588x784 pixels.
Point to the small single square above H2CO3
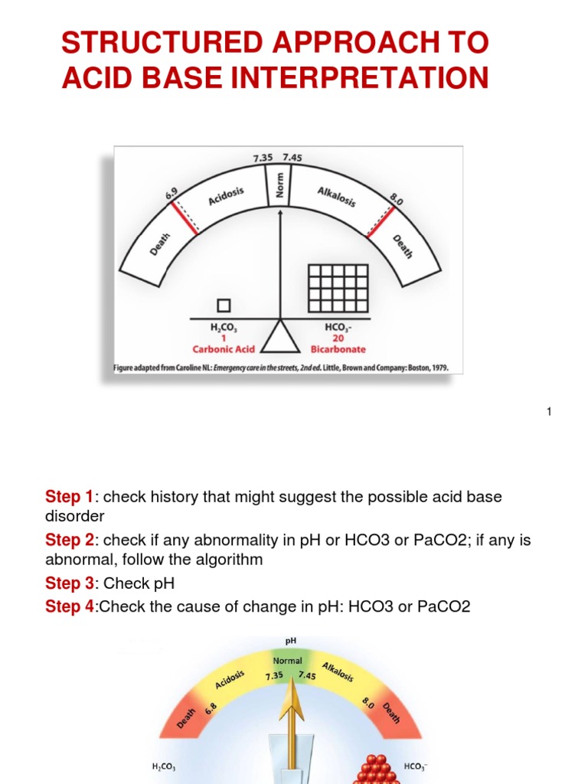[224, 305]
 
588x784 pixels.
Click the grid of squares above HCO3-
[338, 288]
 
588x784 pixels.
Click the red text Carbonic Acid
[223, 348]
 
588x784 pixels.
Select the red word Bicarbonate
[338, 348]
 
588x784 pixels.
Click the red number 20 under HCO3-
[338, 338]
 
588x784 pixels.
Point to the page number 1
[549, 413]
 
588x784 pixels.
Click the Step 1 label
[69, 497]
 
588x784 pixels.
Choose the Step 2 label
[69, 541]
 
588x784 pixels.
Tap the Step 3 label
[69, 583]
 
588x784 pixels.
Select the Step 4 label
[69, 607]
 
